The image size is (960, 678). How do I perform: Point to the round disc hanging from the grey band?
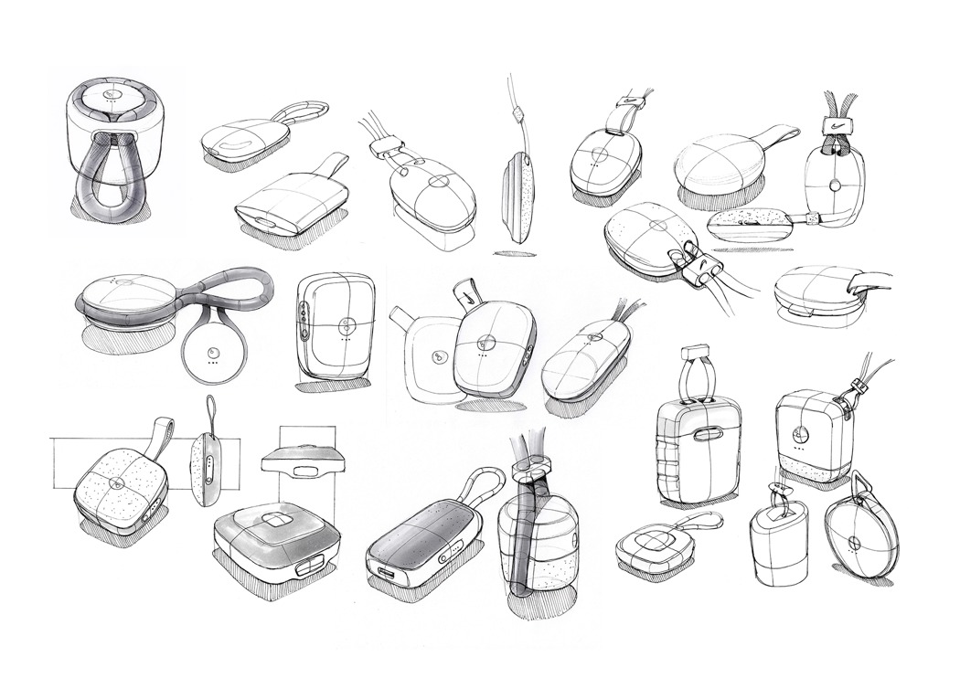tap(210, 352)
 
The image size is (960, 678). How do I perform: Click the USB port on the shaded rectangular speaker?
tap(383, 576)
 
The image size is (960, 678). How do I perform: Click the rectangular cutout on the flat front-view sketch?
tap(301, 471)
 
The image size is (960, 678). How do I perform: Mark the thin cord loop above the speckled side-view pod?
tap(212, 414)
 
